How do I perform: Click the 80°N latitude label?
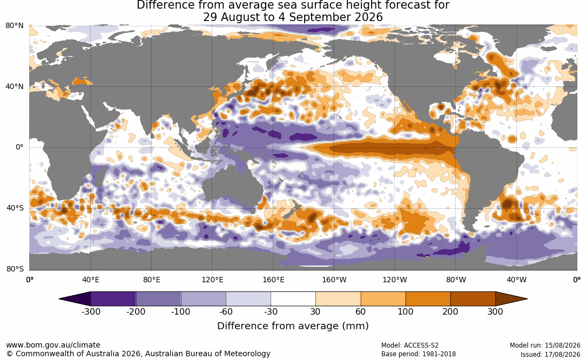(x=14, y=26)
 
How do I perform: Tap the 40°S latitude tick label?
(x=15, y=208)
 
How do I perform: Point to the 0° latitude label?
(x=19, y=147)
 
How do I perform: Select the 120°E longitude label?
(x=212, y=280)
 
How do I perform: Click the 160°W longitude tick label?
(x=334, y=280)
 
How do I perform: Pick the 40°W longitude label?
(x=516, y=280)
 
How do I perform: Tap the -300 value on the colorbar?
(x=91, y=312)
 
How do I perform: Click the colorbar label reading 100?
(x=406, y=312)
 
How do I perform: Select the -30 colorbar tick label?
(x=271, y=312)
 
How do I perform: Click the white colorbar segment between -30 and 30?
(x=293, y=299)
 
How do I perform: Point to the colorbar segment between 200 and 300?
(x=473, y=299)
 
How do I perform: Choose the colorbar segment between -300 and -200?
(x=113, y=299)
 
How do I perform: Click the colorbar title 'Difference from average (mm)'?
(x=293, y=326)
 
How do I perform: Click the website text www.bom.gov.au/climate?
(x=53, y=345)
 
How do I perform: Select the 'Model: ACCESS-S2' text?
(x=410, y=345)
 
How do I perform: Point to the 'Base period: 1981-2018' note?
(x=419, y=354)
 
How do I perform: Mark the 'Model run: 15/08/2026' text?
(x=545, y=345)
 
